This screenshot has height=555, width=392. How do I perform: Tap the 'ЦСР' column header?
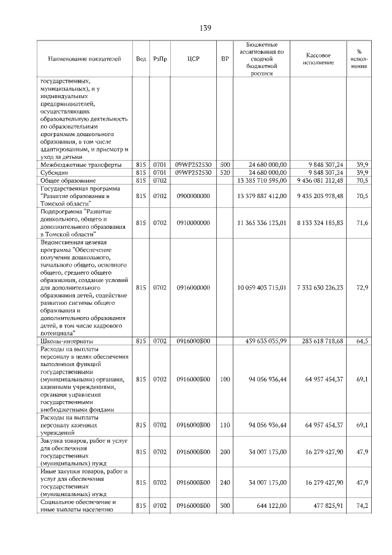click(190, 59)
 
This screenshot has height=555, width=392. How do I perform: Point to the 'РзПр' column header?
click(160, 59)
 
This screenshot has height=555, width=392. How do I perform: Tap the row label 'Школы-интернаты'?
click(67, 341)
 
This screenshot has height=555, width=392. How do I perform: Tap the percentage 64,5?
click(361, 341)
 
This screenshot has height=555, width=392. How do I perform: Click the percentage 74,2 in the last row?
click(361, 507)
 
